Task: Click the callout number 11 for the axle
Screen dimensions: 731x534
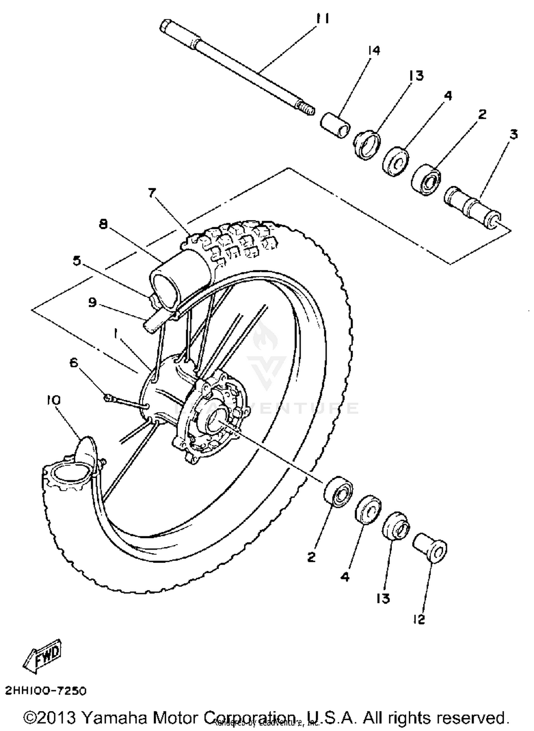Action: tap(323, 19)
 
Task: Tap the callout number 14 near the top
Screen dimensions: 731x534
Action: tap(374, 51)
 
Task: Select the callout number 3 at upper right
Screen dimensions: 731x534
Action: tap(513, 134)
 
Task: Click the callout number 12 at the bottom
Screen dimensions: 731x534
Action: tap(419, 620)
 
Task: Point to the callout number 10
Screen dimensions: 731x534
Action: tap(53, 400)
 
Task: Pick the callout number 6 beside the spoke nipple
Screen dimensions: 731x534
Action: tap(74, 362)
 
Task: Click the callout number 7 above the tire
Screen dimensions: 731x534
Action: tap(152, 193)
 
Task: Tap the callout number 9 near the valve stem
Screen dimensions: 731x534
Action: tap(93, 303)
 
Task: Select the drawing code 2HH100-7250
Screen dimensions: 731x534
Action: tap(46, 691)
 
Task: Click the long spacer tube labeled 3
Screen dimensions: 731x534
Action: tap(472, 205)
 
